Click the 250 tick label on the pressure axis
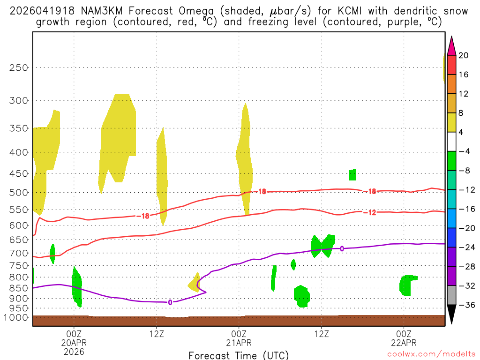pyautogui.click(x=19, y=67)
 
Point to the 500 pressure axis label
pyautogui.click(x=19, y=193)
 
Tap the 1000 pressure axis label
pyautogui.click(x=17, y=318)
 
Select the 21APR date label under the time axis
pyautogui.click(x=239, y=342)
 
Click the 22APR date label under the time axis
pyautogui.click(x=404, y=342)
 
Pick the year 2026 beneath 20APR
pyautogui.click(x=74, y=351)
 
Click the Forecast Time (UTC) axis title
pyautogui.click(x=239, y=355)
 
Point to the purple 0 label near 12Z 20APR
pyautogui.click(x=170, y=302)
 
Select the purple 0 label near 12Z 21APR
pyautogui.click(x=342, y=248)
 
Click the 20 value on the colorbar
pyautogui.click(x=464, y=55)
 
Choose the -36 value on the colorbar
pyautogui.click(x=465, y=305)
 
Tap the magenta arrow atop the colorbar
pyautogui.click(x=451, y=46)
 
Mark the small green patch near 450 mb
pyautogui.click(x=352, y=175)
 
